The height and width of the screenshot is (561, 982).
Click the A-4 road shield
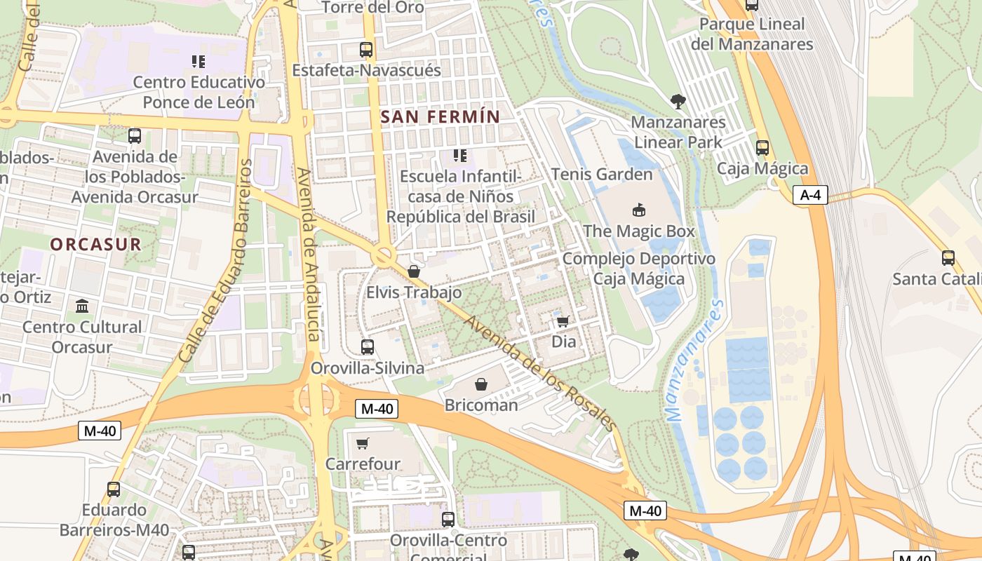tap(810, 195)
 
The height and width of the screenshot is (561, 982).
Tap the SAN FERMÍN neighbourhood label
tap(440, 117)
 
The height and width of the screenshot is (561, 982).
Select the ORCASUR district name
tap(96, 245)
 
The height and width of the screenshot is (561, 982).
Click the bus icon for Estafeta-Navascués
tap(366, 50)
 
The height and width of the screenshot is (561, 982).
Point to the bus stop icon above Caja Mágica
tap(762, 148)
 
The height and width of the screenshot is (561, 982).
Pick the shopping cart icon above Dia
tap(563, 321)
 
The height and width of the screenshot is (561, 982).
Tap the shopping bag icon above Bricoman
tap(481, 384)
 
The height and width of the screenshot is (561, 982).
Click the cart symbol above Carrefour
tap(363, 443)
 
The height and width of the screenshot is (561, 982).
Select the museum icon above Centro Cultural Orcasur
tap(82, 306)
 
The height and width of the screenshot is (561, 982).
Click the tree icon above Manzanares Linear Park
tap(678, 102)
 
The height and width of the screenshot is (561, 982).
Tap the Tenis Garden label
tap(602, 174)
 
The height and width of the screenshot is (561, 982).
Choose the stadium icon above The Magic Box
tap(639, 210)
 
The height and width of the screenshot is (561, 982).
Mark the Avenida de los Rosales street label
tap(541, 373)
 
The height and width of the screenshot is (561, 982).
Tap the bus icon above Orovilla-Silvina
tap(367, 346)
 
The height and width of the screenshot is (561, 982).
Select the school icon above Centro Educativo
tap(199, 62)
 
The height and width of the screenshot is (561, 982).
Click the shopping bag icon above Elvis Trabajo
tap(414, 271)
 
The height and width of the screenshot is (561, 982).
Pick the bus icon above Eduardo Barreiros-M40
tap(114, 489)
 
